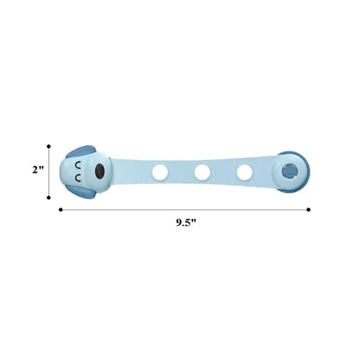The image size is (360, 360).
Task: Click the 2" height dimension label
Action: tap(37, 170)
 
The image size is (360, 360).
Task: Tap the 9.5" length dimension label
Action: tap(186, 222)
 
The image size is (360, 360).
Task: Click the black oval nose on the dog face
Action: tap(100, 170)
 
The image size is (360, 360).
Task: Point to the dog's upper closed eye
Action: tap(78, 165)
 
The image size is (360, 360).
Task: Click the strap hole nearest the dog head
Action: tap(160, 172)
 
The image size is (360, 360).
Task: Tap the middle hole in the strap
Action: tap(202, 172)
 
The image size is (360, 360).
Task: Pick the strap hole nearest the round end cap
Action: tap(245, 172)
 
